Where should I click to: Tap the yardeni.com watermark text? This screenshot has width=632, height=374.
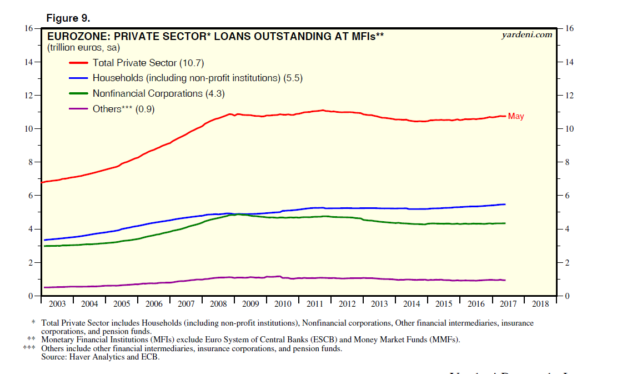[526, 34]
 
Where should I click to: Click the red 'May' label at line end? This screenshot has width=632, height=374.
[516, 117]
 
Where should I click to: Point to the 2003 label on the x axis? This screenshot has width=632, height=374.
[57, 304]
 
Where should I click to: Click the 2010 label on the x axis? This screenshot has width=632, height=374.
[283, 304]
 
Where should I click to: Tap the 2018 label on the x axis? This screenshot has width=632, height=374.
[540, 304]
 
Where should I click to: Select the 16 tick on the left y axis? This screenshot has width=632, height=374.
[29, 28]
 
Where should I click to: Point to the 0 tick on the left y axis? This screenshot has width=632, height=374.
[31, 296]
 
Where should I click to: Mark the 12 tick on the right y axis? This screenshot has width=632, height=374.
[569, 96]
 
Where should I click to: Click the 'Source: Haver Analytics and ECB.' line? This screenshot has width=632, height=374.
[100, 357]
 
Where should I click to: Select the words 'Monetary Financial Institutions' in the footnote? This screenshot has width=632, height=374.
[98, 340]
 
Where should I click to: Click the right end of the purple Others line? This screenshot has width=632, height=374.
[505, 280]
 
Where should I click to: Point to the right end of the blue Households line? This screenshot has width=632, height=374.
[505, 205]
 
